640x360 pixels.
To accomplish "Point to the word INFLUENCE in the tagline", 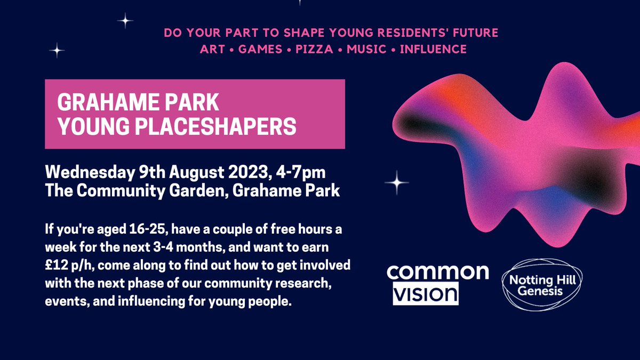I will click(433, 50).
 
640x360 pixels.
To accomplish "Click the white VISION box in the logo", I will click(426, 294).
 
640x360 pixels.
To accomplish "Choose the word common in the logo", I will click(438, 272).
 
